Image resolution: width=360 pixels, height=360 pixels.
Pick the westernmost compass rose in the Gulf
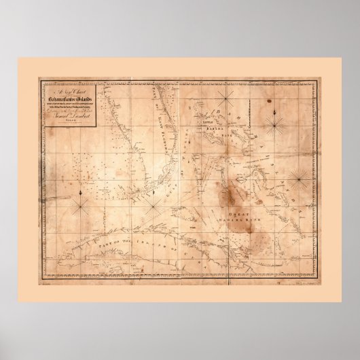tap(81, 201)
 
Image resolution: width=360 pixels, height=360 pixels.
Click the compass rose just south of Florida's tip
tap(156, 202)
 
